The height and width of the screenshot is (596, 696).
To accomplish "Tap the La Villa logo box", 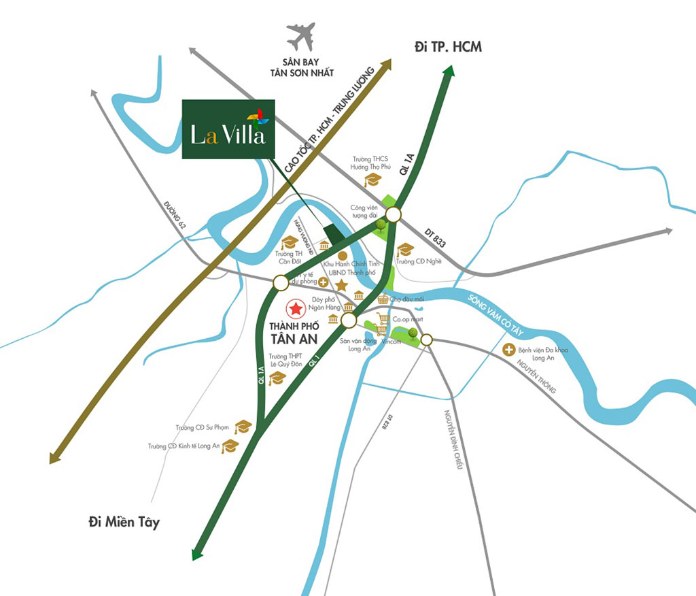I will coord(228,129).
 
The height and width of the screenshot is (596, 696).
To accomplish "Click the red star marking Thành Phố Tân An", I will coord(296,310).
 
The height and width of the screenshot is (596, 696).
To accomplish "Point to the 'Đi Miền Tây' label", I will coord(124,523).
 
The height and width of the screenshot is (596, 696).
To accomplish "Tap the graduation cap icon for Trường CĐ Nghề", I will coord(405,250).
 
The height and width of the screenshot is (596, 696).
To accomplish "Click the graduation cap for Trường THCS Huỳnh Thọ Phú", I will coord(372,180).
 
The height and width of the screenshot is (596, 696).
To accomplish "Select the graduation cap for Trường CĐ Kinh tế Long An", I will coord(231,446).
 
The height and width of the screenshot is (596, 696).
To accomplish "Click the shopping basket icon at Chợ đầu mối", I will coord(383,299).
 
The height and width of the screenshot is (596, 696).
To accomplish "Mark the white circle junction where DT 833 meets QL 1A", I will coord(393,214).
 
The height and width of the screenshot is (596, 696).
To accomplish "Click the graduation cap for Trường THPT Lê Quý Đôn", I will coord(276,379).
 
